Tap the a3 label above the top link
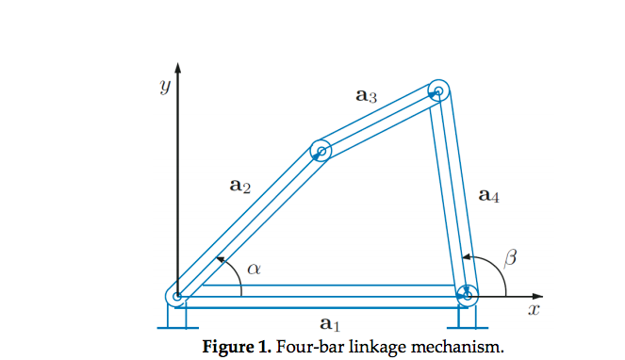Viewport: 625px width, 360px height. (x=367, y=95)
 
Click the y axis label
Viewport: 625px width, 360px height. (x=164, y=88)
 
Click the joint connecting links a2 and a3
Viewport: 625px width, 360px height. (x=321, y=151)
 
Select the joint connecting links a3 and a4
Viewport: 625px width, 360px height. (x=438, y=91)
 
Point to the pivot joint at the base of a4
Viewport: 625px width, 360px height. (x=466, y=296)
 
